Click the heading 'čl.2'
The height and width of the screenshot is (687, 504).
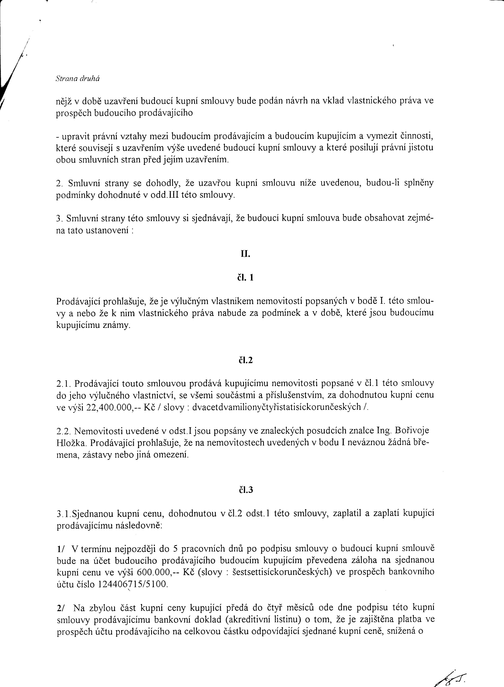[246, 361]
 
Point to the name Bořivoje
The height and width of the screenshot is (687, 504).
[412, 430]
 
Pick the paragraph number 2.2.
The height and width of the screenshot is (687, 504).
[63, 431]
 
